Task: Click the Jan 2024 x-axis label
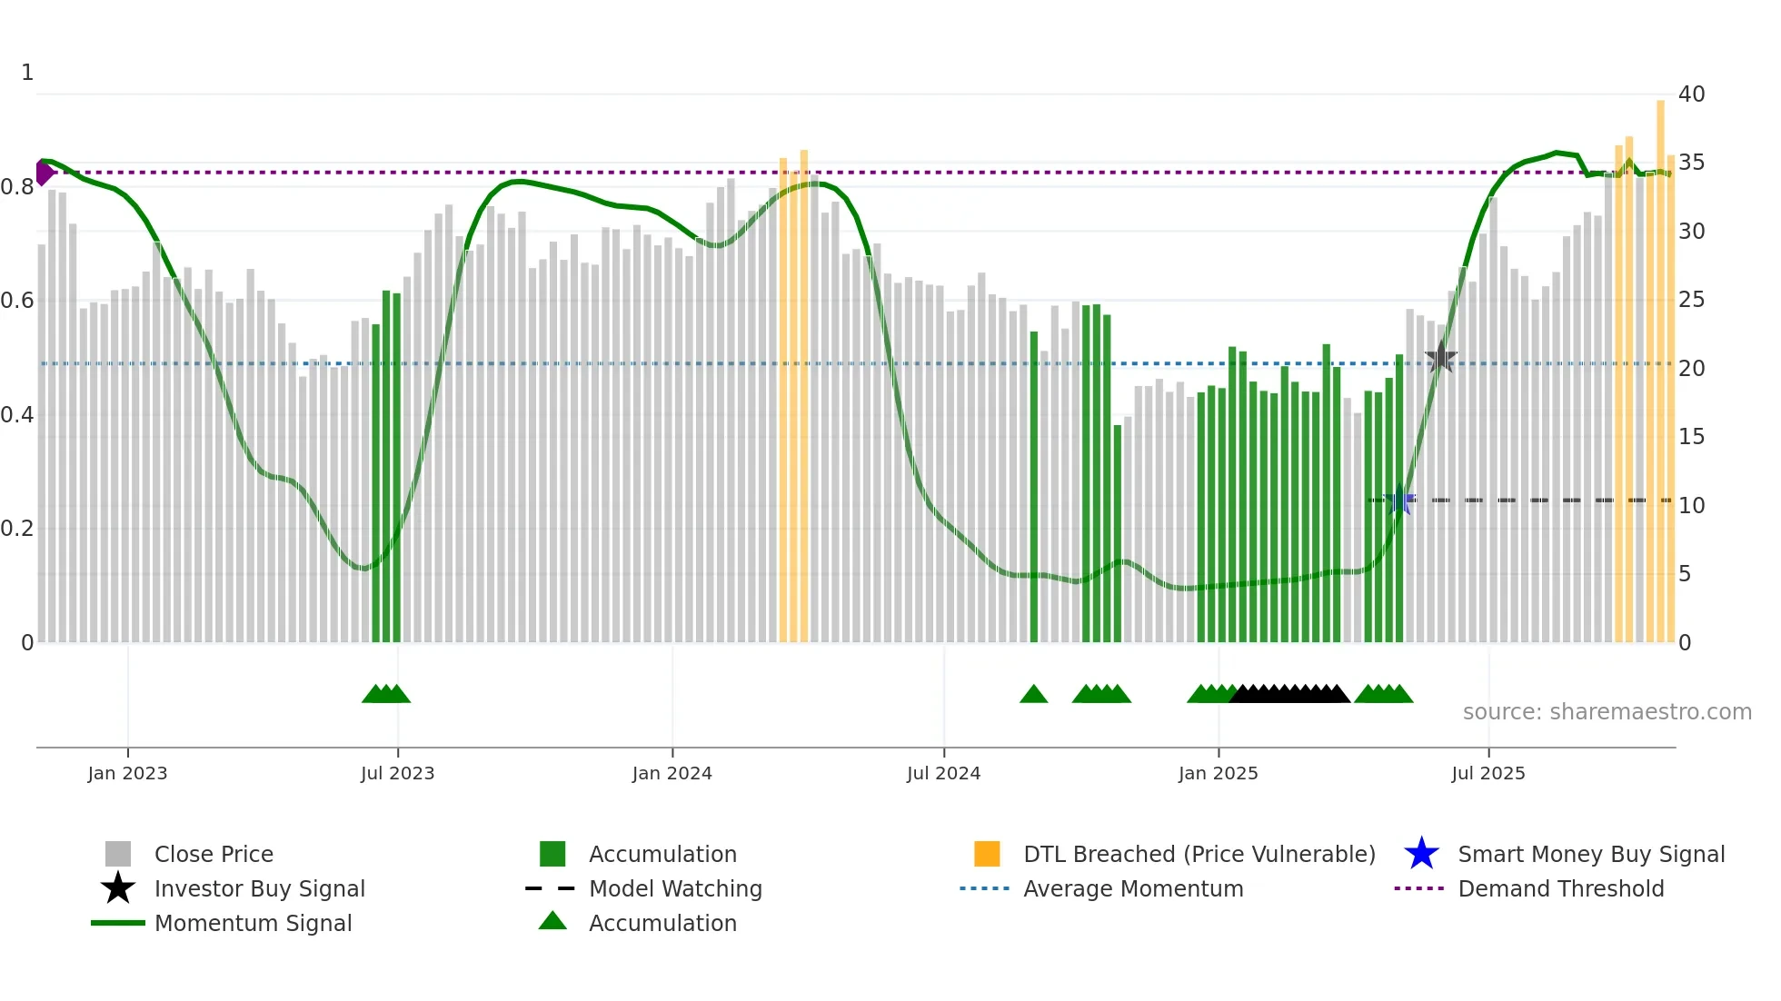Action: [672, 773]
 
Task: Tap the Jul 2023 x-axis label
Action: [397, 773]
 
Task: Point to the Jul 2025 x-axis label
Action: [1487, 773]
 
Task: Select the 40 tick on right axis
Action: [1691, 94]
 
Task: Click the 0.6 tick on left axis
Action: [17, 300]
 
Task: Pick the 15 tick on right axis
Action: [1691, 437]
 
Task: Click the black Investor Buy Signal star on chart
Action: [1440, 358]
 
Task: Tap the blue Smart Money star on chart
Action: [1399, 500]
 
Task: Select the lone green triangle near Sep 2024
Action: [1033, 694]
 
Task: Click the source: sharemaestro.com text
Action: [1607, 711]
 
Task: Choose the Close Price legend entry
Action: [214, 854]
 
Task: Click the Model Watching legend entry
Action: [674, 888]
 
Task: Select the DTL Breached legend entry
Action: [1199, 854]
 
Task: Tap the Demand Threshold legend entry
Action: [1560, 888]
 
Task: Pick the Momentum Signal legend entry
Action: [253, 923]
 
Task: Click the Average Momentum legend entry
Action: [1132, 888]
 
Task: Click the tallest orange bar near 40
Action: [1660, 363]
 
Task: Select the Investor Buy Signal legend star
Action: [118, 888]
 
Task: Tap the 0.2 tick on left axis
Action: [17, 528]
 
